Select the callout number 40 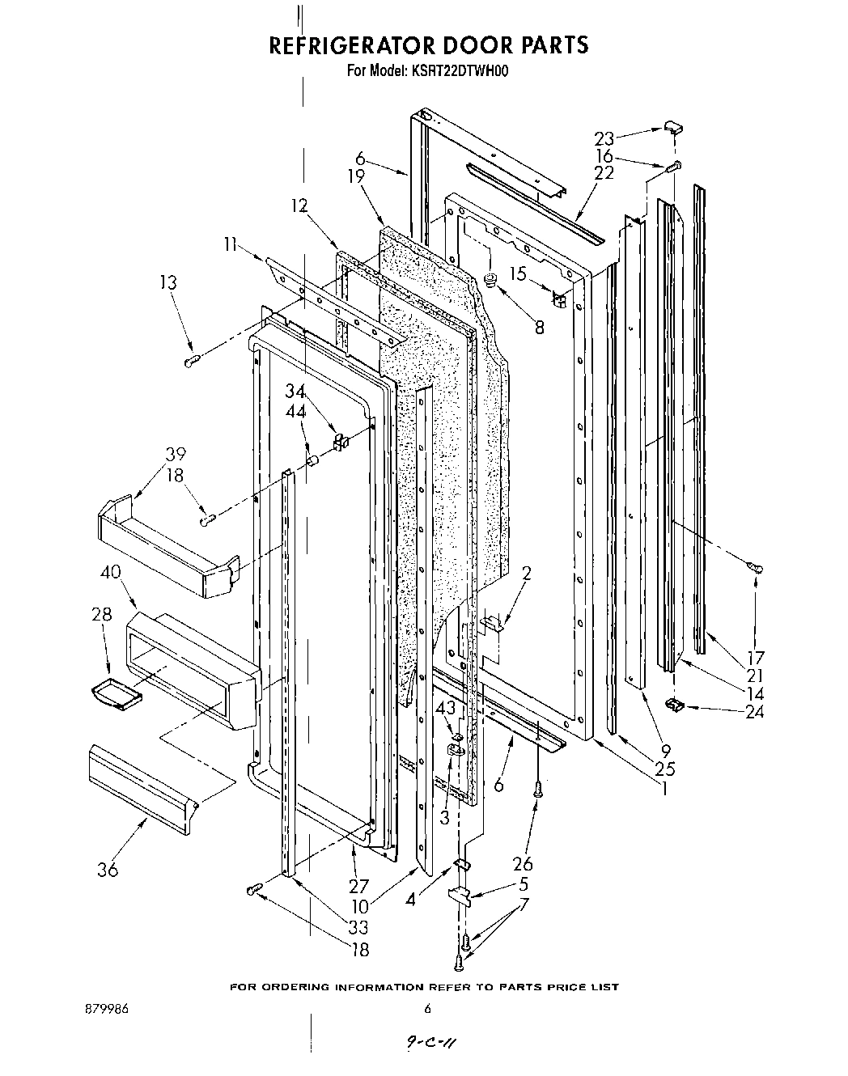110,573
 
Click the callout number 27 358,885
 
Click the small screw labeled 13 193,362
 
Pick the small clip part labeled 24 673,704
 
